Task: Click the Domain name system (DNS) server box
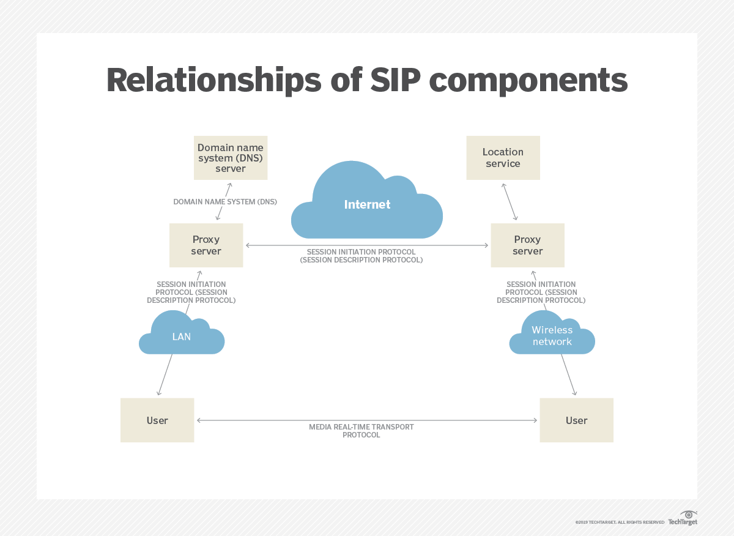[x=231, y=158]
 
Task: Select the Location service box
[x=503, y=158]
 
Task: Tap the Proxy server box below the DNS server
[x=206, y=245]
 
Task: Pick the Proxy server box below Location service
[x=527, y=245]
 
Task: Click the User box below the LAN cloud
[x=157, y=420]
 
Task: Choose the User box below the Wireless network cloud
[x=576, y=420]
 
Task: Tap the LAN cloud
[x=182, y=336]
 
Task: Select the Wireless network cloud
[x=552, y=336]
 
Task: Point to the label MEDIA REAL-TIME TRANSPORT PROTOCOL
[x=361, y=431]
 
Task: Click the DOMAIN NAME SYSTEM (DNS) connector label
[x=225, y=201]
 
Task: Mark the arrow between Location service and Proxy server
[x=510, y=201]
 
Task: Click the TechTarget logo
[x=683, y=519]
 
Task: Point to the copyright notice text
[x=619, y=523]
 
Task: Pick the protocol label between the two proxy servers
[x=361, y=256]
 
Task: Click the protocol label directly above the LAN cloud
[x=191, y=292]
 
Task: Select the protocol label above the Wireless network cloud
[x=541, y=292]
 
